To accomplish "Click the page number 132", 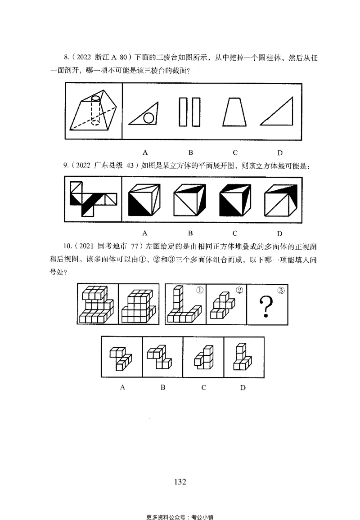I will pos(180,482).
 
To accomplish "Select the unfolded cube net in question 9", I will pos(93,198).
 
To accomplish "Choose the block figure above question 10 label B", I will pos(162,358).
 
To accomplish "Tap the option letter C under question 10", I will pos(203,387).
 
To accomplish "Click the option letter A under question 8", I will pos(145,152).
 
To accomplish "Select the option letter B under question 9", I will pos(190,233).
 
